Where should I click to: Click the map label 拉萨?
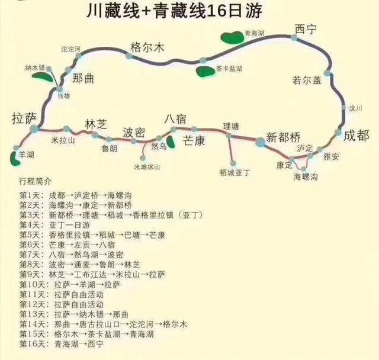click(x=24, y=118)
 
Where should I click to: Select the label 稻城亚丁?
click(x=235, y=172)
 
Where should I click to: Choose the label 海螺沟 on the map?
click(x=306, y=177)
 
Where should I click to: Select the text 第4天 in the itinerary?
click(x=29, y=224)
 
